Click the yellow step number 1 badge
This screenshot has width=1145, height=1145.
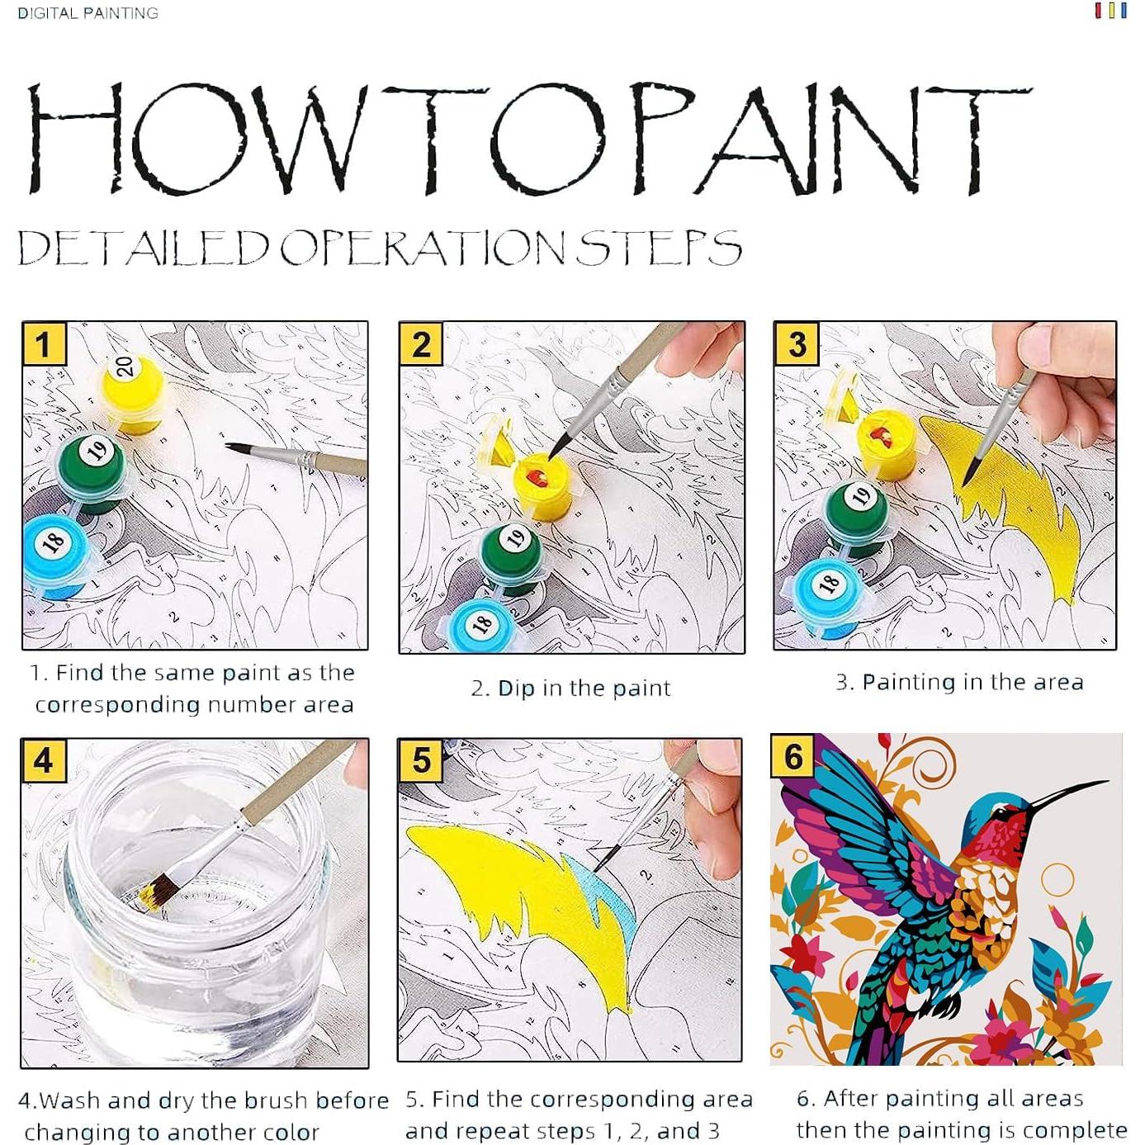click(44, 343)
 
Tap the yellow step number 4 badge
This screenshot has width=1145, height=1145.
click(44, 760)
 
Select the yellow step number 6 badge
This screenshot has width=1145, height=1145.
click(793, 756)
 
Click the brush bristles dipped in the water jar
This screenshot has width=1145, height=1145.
click(156, 894)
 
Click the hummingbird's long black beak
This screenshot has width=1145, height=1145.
click(1067, 794)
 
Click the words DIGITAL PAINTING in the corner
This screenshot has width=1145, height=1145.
click(88, 13)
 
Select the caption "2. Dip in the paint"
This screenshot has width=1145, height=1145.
click(570, 688)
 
